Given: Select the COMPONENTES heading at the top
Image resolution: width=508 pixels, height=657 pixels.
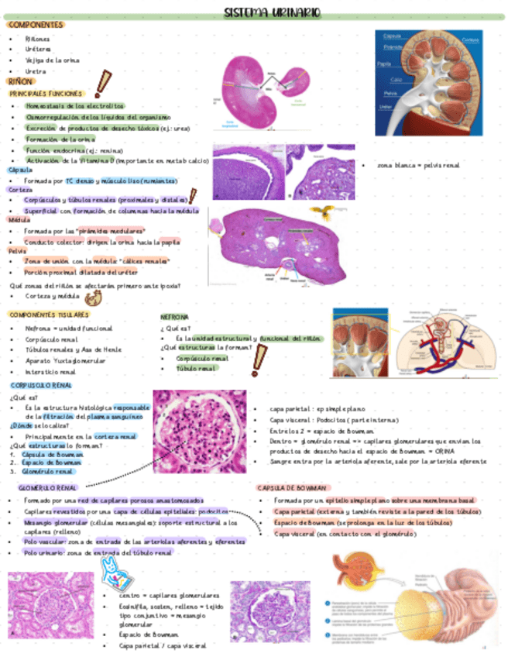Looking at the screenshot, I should (35, 25).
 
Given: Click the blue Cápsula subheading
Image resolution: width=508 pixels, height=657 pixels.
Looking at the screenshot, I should (20, 170).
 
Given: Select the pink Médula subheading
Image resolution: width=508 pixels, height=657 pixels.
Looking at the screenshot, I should (19, 220).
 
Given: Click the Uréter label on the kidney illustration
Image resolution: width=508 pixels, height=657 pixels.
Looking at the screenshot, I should (385, 107).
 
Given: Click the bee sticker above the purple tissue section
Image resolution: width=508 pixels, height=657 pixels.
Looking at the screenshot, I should (317, 211).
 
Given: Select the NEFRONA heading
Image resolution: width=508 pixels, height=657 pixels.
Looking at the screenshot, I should (175, 318).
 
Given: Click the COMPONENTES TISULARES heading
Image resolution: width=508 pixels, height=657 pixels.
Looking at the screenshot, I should (49, 315).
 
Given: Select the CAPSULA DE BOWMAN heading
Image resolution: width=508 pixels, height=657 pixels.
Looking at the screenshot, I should (292, 488).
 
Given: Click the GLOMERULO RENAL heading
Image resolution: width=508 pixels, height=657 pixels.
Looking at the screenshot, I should (48, 488).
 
